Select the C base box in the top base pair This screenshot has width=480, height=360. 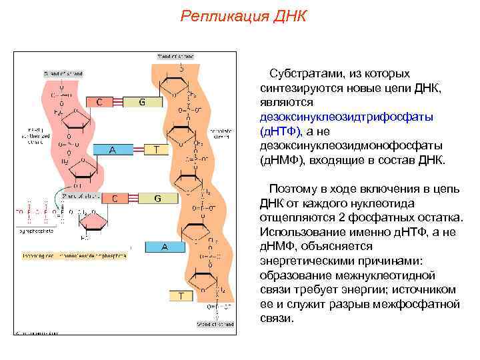tap(100, 102)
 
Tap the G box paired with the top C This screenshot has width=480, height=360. tap(141, 102)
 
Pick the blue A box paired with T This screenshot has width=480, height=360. tap(113, 150)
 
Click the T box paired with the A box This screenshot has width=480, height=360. tap(156, 150)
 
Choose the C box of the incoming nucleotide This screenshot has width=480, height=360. tap(115, 198)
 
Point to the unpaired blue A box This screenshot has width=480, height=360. tap(164, 247)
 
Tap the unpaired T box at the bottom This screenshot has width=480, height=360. tap(180, 294)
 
